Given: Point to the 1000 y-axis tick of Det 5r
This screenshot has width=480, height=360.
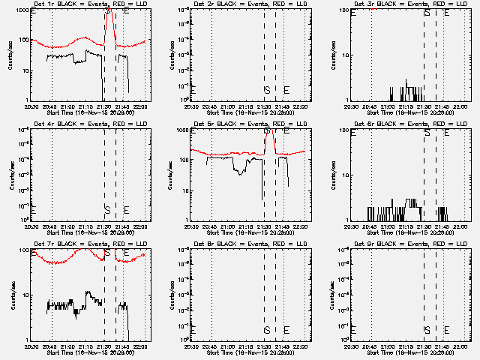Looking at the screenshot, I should pyautogui.click(x=183, y=130).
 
